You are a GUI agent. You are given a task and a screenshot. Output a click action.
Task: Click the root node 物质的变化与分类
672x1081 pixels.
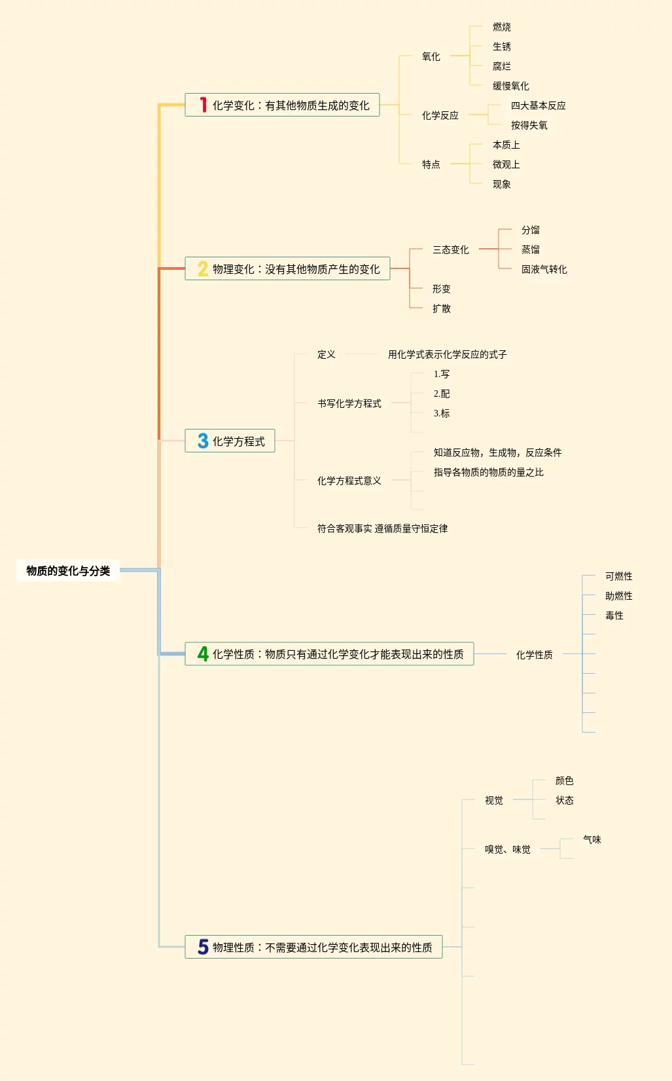68,570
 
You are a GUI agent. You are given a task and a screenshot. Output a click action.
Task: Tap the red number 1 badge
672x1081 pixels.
203,105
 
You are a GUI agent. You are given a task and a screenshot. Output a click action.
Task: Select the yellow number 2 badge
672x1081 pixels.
203,268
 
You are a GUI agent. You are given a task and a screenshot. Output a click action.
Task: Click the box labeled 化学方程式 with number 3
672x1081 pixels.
230,441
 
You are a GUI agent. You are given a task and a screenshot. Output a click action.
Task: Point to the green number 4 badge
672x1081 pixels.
203,653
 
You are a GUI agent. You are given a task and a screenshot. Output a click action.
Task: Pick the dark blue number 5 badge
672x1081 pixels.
203,947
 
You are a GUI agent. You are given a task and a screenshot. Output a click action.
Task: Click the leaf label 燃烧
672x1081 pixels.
502,27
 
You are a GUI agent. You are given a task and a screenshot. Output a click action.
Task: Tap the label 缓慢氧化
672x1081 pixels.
511,86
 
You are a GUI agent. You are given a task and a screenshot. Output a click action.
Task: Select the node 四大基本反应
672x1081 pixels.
538,105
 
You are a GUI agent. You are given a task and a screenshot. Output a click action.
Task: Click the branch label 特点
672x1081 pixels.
431,164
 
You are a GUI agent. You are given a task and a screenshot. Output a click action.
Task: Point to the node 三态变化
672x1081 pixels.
451,249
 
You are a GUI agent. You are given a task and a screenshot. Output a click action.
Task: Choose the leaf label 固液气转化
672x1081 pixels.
544,269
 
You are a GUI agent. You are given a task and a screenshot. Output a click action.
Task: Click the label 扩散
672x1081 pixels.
442,308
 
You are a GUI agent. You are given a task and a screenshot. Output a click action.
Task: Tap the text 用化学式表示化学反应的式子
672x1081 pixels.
448,354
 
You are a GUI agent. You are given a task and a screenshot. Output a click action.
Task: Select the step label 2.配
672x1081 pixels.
442,394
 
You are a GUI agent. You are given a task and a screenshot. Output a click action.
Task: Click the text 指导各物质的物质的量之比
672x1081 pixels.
489,472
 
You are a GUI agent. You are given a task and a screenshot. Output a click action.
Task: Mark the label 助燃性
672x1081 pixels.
619,596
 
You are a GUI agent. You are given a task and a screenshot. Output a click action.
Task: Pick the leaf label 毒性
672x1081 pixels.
614,615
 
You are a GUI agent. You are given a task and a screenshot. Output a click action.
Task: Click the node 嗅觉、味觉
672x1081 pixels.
508,849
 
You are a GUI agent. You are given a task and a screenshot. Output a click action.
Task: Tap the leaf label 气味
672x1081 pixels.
592,839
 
